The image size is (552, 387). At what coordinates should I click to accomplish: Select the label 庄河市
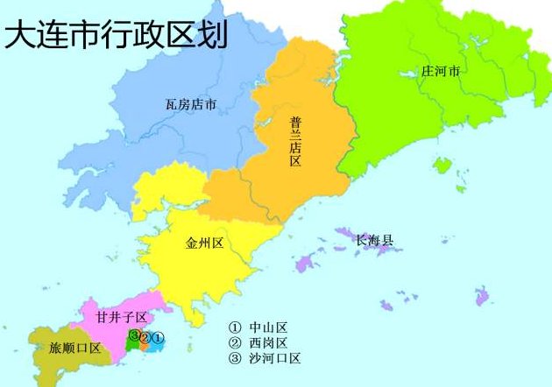tap(440, 71)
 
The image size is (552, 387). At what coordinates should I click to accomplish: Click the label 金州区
tap(205, 243)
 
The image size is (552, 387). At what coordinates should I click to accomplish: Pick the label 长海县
tap(374, 240)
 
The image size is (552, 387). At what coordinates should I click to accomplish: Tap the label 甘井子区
tap(122, 317)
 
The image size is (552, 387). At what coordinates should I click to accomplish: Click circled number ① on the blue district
tap(158, 337)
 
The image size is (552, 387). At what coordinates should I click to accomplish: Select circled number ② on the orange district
tap(145, 337)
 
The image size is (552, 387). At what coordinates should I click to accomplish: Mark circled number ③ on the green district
tap(134, 335)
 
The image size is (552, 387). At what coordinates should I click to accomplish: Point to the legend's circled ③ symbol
tap(234, 358)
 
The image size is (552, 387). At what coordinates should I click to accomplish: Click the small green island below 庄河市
tap(442, 164)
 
